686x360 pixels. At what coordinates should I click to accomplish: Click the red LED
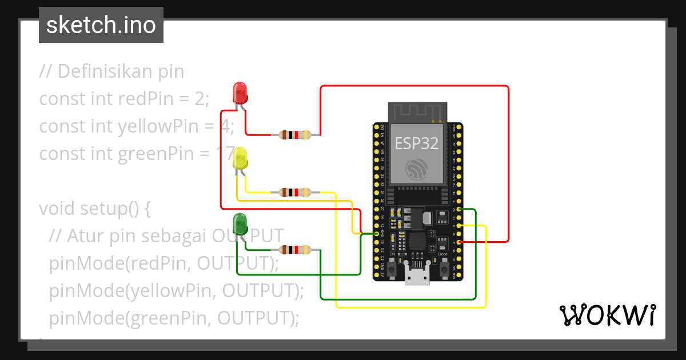(x=240, y=93)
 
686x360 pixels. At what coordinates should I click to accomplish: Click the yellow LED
(x=240, y=158)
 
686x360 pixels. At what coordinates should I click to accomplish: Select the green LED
(x=240, y=222)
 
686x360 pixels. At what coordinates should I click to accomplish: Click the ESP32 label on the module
(x=417, y=143)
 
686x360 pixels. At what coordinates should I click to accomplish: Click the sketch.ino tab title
(x=101, y=25)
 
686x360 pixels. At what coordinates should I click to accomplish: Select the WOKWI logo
(x=607, y=315)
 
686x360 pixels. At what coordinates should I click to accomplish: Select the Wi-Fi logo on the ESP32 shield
(x=417, y=169)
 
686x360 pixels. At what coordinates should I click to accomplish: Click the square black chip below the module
(x=417, y=241)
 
